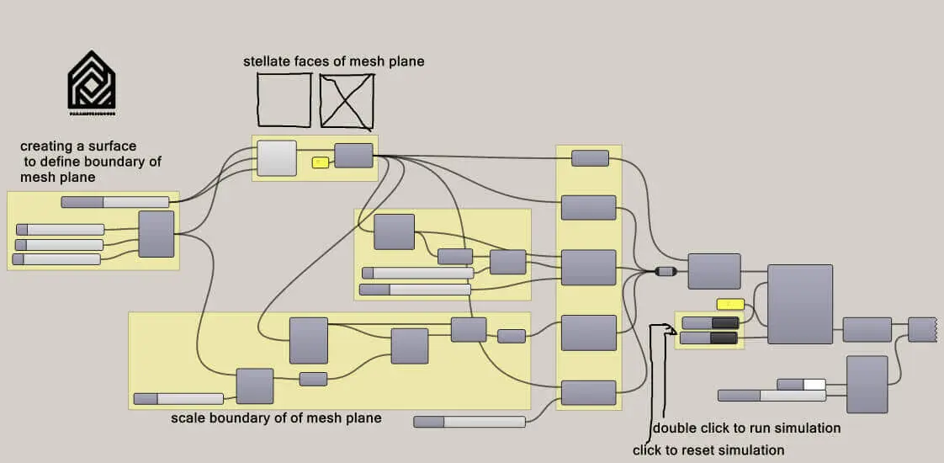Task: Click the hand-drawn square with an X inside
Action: click(x=347, y=101)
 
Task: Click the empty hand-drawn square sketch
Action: click(x=284, y=99)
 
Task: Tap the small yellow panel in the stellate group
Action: click(x=320, y=162)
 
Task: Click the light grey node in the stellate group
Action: click(x=277, y=158)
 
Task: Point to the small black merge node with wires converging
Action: click(x=665, y=271)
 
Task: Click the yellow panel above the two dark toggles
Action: click(x=730, y=304)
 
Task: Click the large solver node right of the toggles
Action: click(x=799, y=304)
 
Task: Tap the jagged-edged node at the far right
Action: click(x=922, y=329)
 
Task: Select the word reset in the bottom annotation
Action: click(x=685, y=450)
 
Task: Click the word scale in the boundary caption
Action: click(x=188, y=418)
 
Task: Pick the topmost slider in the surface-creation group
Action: click(x=115, y=202)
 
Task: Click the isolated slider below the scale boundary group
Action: click(x=469, y=422)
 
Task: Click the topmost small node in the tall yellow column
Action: click(x=589, y=158)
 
